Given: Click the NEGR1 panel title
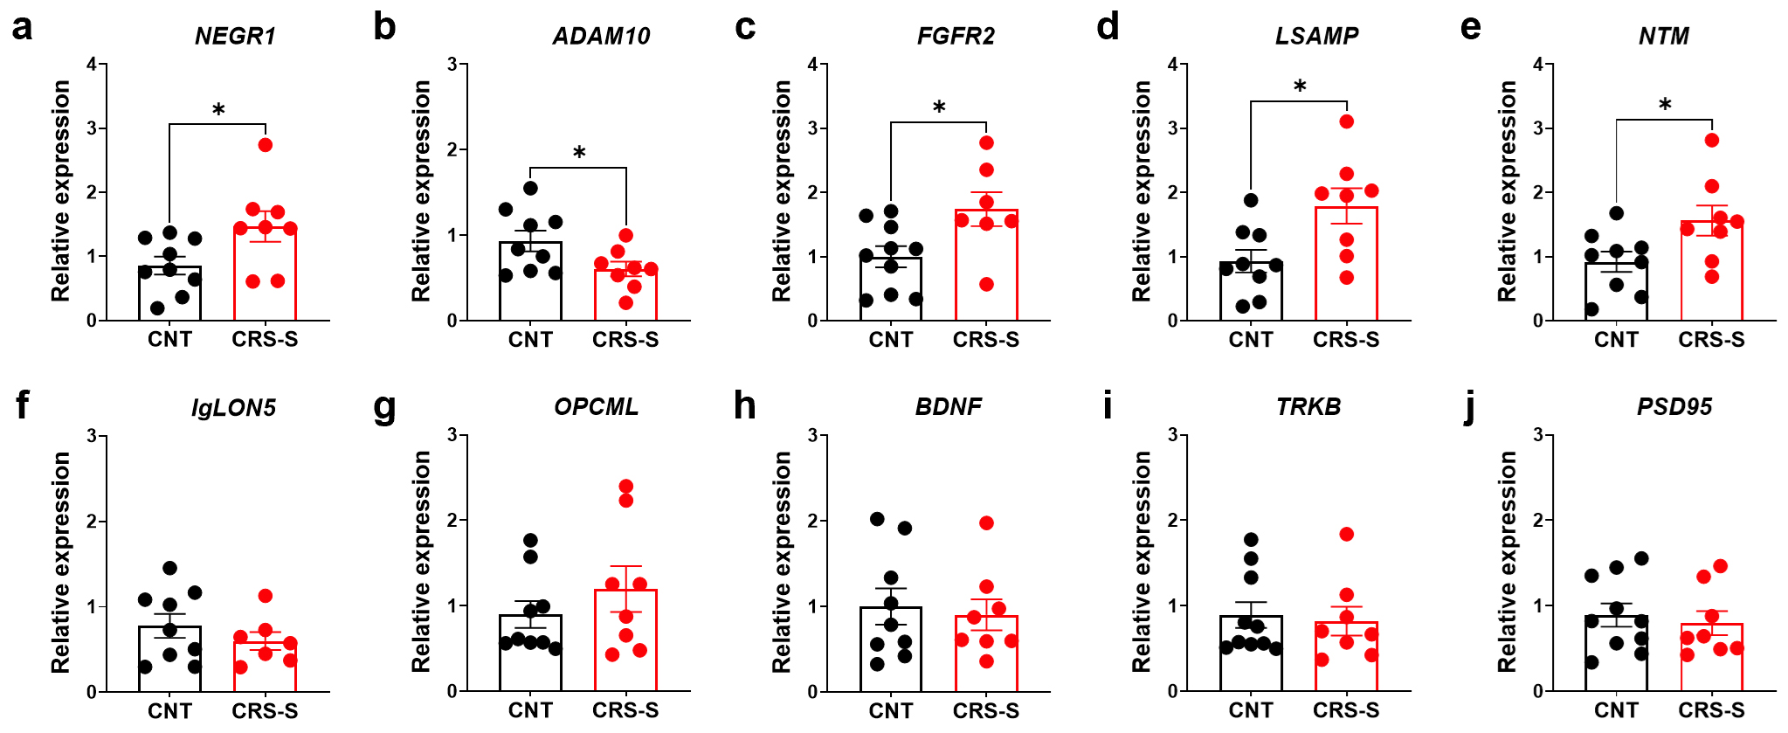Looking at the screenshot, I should [235, 36].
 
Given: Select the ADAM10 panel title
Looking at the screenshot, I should [601, 36].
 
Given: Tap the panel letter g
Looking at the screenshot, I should [384, 406].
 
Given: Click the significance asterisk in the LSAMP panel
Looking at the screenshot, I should [1300, 86].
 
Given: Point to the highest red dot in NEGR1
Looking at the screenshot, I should [266, 145].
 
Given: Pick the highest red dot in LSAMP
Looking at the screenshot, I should [1347, 121].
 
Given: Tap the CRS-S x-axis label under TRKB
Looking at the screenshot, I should [1346, 710].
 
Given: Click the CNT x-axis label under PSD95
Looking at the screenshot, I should [1616, 710].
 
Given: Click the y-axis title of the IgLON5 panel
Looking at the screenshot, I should [60, 562].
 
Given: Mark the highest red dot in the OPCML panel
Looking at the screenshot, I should [626, 487].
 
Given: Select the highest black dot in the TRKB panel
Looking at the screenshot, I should [1251, 540].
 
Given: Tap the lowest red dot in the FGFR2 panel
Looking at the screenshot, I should [986, 284].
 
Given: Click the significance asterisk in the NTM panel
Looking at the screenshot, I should [1665, 105].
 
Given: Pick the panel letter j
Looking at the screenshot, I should [1471, 406].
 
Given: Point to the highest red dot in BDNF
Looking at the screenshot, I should [986, 523].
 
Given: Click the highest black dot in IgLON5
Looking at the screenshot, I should [170, 568].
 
